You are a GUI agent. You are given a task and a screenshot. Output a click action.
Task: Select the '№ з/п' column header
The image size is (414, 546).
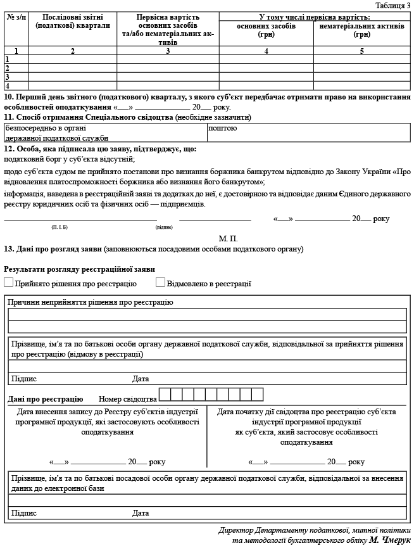click(16, 17)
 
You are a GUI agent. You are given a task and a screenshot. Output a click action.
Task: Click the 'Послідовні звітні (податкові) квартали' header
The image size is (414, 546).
click(73, 22)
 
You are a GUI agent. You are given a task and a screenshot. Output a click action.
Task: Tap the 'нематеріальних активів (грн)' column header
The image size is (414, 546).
click(361, 30)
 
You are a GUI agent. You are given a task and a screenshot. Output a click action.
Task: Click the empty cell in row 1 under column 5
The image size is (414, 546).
click(361, 59)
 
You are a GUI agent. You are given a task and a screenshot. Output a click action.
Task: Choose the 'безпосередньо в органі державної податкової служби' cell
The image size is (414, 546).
click(105, 132)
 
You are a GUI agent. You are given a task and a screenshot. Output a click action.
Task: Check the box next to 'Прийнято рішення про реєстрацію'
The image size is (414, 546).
click(8, 283)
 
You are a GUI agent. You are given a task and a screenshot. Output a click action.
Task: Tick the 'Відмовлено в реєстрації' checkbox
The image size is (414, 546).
click(160, 283)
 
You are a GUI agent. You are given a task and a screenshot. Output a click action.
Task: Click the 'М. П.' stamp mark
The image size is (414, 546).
click(228, 239)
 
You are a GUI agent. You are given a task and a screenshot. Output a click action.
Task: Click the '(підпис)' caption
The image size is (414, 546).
click(163, 226)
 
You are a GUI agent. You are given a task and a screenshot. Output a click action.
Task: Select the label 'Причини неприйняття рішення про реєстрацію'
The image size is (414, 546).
click(91, 302)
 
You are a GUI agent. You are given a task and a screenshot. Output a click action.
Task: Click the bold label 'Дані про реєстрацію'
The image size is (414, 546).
click(46, 399)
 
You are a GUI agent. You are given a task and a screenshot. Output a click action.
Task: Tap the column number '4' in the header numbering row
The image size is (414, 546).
click(266, 50)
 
